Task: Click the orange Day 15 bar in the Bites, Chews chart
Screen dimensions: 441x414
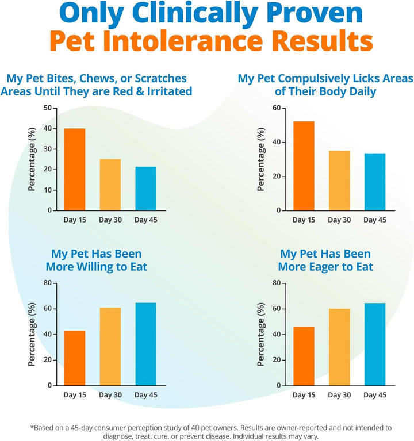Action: click(75, 169)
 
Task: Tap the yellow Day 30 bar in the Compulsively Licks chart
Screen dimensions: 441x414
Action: click(339, 181)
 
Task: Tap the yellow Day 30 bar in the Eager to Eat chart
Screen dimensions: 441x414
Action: click(339, 347)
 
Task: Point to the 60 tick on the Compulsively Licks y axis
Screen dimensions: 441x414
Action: click(276, 108)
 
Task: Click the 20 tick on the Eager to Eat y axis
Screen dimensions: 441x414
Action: click(276, 360)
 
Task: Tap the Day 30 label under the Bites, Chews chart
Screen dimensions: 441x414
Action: click(110, 220)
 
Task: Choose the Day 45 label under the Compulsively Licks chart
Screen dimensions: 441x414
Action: click(374, 220)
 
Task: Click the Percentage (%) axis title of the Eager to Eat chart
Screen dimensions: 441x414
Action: click(262, 334)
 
